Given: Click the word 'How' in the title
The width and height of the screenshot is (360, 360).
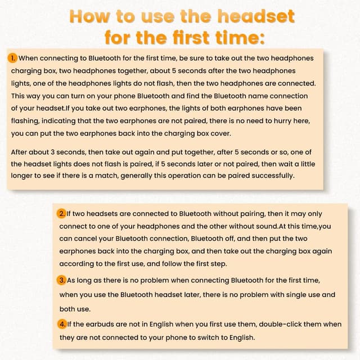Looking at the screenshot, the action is [89, 16].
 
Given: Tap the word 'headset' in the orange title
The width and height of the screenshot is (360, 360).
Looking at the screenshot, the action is [256, 16].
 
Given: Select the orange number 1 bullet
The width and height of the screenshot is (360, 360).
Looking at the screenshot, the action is [12, 58].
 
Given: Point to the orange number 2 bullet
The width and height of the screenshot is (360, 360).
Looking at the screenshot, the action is [61, 214].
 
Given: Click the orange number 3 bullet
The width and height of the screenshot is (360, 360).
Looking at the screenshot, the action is [61, 280].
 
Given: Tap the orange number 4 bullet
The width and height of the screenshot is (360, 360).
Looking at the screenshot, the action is [62, 324].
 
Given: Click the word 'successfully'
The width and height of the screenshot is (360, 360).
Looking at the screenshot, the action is [272, 176].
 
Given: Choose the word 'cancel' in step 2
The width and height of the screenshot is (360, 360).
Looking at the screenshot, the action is [85, 238].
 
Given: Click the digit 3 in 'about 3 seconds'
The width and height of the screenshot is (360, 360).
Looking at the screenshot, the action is [52, 152].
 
